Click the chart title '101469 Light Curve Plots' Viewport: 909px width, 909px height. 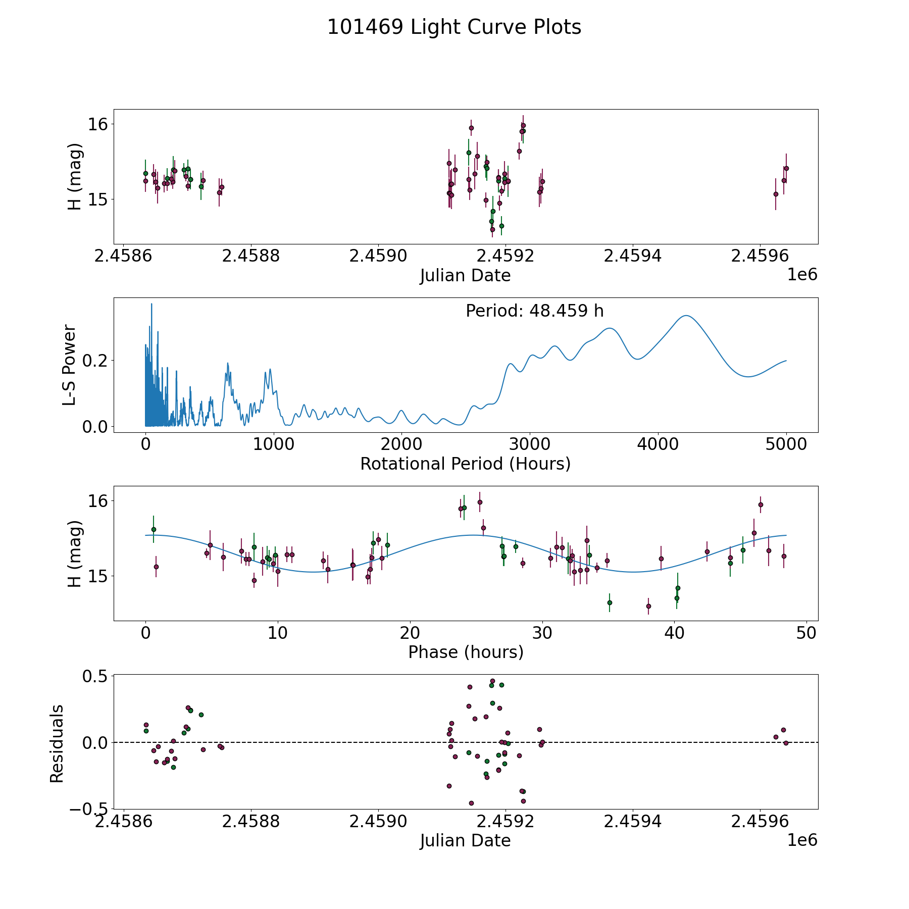(x=454, y=27)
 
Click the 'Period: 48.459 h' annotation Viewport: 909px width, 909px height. (x=534, y=311)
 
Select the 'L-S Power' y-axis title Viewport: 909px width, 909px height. (x=70, y=365)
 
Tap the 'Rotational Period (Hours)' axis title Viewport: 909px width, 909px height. (x=465, y=464)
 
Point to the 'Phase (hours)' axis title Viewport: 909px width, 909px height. (x=465, y=652)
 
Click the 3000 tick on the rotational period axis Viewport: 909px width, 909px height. (x=530, y=445)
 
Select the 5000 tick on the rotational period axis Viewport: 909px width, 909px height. (x=786, y=445)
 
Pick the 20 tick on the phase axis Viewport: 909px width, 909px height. (x=410, y=633)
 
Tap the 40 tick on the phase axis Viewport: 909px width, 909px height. (x=674, y=633)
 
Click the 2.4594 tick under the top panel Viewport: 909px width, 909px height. (x=632, y=257)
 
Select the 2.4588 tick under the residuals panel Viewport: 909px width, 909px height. (x=251, y=822)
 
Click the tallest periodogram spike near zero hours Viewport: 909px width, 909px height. (x=151, y=305)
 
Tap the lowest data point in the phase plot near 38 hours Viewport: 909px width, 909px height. (x=648, y=606)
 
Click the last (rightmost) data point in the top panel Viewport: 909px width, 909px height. (x=786, y=168)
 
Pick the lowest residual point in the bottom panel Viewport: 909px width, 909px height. (x=471, y=803)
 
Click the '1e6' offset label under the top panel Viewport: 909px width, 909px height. (x=802, y=275)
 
